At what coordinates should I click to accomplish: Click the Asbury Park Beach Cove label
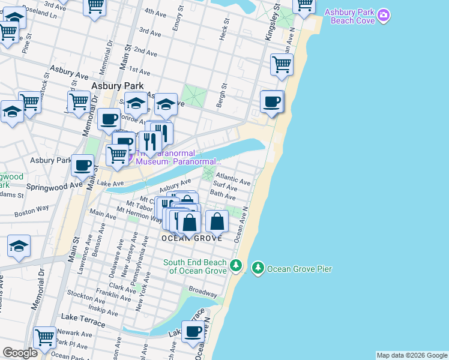click(350, 16)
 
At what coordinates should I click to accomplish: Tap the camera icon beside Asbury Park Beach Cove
click(385, 13)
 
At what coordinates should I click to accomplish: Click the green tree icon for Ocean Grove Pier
click(258, 267)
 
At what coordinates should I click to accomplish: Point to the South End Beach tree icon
click(236, 265)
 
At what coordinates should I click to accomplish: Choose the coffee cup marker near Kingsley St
click(273, 101)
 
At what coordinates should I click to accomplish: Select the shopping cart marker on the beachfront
click(282, 65)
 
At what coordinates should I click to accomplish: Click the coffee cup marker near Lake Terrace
click(193, 331)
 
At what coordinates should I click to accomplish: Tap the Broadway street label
click(203, 291)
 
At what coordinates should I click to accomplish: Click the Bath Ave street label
click(223, 195)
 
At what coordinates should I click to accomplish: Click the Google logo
click(20, 353)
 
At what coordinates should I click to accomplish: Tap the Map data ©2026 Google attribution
click(412, 355)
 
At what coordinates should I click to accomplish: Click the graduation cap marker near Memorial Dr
click(19, 247)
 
